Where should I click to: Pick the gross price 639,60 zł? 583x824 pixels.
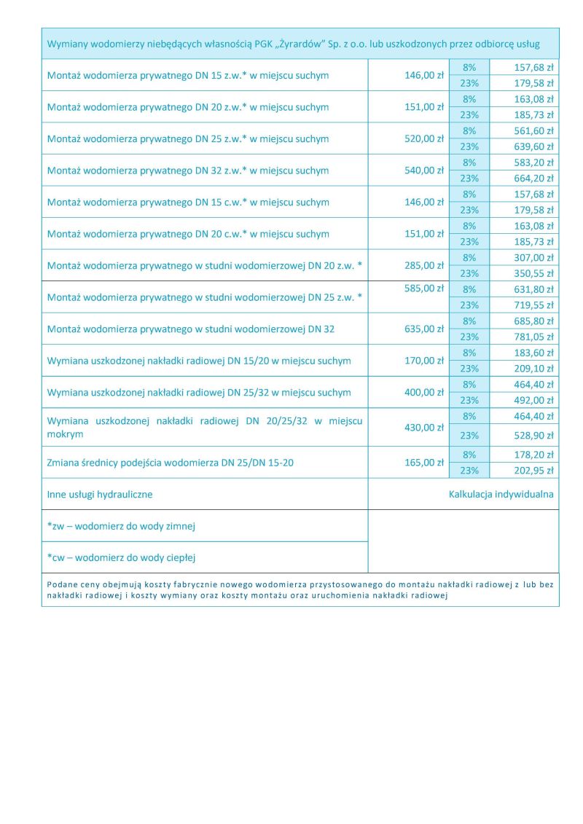(534, 146)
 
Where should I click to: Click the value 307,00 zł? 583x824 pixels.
(534, 258)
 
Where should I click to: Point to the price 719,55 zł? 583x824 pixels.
(534, 305)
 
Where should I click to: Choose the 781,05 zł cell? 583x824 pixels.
(534, 337)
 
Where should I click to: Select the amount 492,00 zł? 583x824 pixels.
(534, 400)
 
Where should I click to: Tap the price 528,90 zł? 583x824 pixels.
(534, 436)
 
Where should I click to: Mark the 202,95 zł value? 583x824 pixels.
(534, 471)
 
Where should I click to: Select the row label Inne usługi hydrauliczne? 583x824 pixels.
(100, 494)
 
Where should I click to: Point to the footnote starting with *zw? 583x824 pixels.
(121, 526)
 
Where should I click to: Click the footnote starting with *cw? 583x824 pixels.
(122, 558)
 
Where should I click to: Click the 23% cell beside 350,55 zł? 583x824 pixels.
(469, 273)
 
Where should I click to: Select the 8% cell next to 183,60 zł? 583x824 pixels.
(469, 353)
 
